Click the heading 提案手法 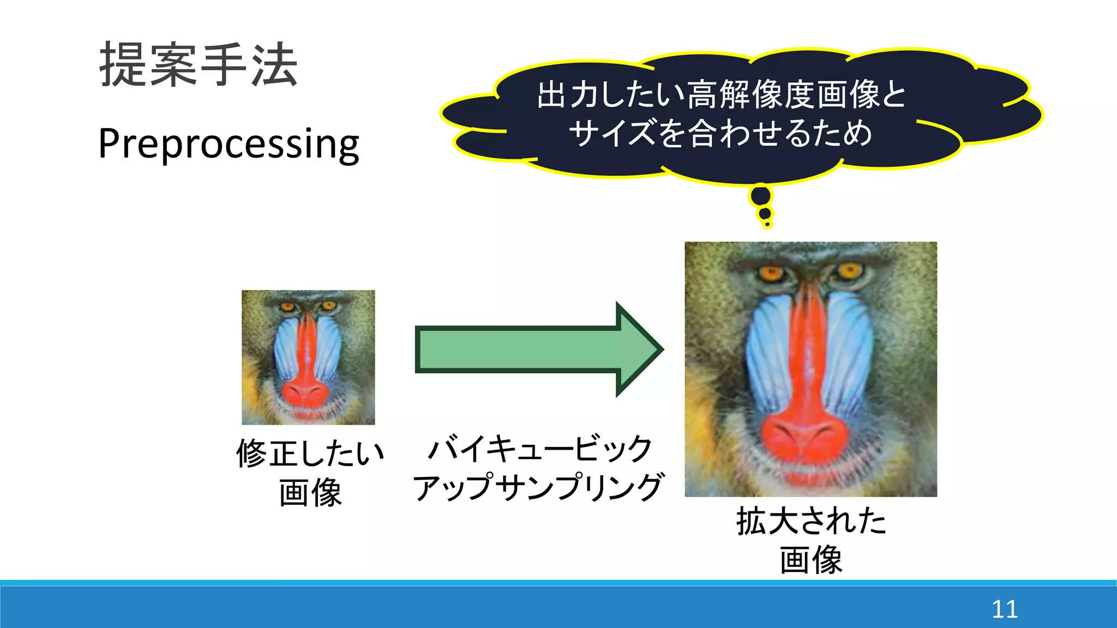(198, 65)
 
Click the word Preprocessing (229, 143)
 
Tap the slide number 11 (1004, 609)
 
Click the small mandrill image (308, 357)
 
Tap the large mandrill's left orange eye (771, 273)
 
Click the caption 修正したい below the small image (310, 454)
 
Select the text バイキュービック (540, 449)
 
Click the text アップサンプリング (538, 487)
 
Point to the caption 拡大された (811, 521)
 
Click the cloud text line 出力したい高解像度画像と (721, 94)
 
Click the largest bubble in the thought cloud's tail (761, 195)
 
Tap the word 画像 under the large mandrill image (811, 560)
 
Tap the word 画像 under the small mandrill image (310, 493)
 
